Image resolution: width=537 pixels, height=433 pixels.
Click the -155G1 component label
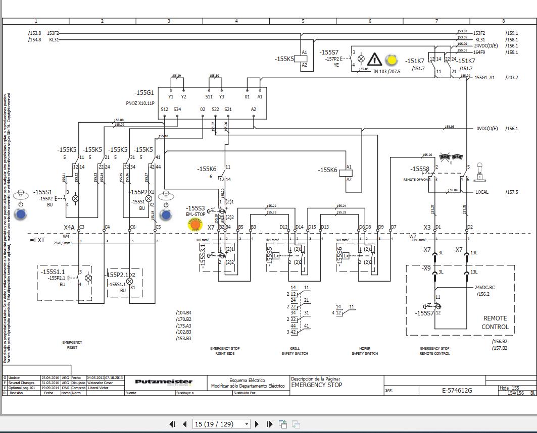(144, 93)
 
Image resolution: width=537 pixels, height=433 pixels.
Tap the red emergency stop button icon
(194, 225)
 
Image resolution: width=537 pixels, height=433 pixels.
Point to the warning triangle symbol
(374, 60)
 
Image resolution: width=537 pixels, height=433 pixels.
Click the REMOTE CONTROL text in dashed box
(495, 322)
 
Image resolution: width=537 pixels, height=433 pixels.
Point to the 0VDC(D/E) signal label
(486, 129)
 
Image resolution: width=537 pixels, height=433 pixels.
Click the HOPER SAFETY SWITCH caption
(365, 351)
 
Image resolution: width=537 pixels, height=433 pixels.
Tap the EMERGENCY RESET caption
(72, 345)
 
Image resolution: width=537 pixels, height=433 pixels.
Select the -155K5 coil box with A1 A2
(304, 59)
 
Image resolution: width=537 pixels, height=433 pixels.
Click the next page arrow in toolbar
(257, 424)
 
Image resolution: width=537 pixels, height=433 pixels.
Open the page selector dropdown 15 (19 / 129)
(221, 424)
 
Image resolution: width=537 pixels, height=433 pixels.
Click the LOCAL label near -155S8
(481, 192)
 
